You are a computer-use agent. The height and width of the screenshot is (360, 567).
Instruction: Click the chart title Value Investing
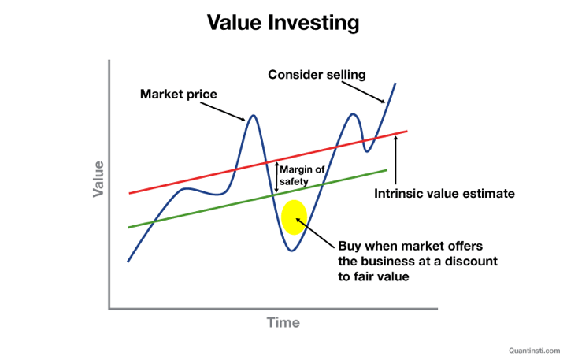point(283,23)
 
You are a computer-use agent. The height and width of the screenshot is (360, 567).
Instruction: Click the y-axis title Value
point(98,179)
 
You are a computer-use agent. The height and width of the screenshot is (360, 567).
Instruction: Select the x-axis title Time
point(283,322)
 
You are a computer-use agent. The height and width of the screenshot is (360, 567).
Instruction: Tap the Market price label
point(179,94)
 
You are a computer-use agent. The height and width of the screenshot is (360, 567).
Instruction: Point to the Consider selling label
point(317,75)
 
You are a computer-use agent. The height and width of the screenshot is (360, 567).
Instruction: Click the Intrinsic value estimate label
point(444,194)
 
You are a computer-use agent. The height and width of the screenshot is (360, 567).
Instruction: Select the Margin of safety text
point(302,176)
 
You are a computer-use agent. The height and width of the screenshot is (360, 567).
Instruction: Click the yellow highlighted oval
point(294,217)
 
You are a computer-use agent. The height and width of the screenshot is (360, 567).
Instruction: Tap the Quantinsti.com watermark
point(535,351)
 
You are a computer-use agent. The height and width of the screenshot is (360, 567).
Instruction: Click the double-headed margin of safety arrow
point(276,176)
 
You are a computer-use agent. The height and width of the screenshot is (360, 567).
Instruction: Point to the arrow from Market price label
point(223,111)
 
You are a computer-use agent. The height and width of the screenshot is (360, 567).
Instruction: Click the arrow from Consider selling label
point(363,92)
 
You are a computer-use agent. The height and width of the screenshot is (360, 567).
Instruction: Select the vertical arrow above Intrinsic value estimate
point(395,160)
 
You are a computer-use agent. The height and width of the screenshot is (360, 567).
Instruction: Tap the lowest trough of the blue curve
point(292,251)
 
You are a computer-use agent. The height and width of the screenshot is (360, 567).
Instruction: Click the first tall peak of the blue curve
point(254,116)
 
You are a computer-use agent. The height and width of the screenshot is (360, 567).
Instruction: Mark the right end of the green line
point(387,170)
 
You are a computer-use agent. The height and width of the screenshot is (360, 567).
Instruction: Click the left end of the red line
point(129,193)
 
